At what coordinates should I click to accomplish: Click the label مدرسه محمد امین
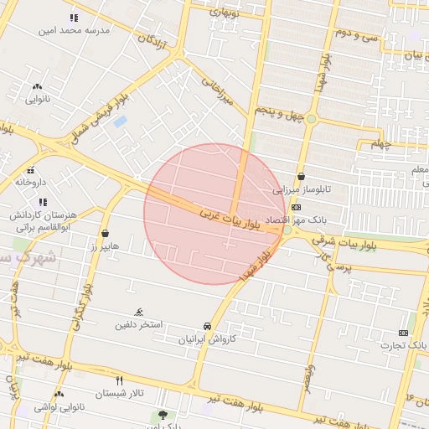point(74,30)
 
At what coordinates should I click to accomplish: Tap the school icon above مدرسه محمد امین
point(74,18)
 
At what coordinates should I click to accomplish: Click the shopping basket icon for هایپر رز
point(105,233)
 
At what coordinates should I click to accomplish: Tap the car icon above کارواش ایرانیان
point(206,326)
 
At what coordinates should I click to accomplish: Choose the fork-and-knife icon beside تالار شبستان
point(119,380)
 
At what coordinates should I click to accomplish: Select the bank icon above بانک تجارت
point(403,333)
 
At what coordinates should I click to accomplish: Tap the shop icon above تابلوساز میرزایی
point(301,177)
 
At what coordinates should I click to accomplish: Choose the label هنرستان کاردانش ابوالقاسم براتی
point(43,220)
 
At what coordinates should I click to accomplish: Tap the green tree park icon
point(162,415)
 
